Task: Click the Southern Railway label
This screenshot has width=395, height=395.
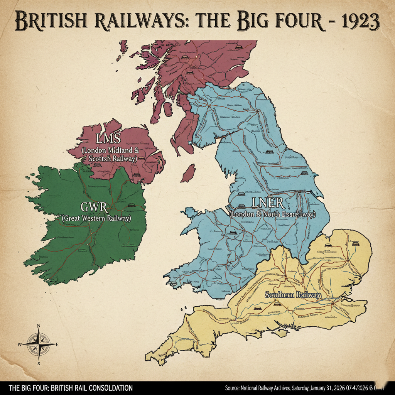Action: click(292, 295)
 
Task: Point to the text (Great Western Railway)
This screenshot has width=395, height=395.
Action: click(96, 218)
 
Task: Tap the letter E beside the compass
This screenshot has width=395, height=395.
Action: click(57, 344)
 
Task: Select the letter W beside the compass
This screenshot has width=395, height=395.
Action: click(20, 344)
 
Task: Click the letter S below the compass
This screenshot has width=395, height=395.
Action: click(39, 363)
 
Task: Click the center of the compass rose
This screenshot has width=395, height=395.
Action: click(39, 344)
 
